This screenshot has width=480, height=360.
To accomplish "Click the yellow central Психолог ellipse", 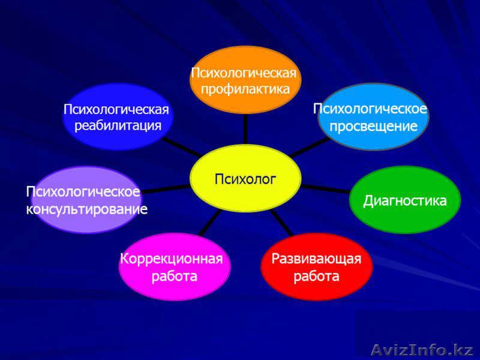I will (x=245, y=178).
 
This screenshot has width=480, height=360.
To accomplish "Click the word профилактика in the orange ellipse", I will (x=245, y=89).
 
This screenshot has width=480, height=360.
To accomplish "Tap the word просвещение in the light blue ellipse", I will (x=373, y=127).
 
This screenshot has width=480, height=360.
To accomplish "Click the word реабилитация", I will (x=118, y=125).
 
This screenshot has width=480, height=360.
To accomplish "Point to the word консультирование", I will (x=87, y=209).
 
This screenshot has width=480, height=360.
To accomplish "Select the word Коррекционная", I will (x=172, y=259).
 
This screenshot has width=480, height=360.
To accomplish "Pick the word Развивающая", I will (x=317, y=259).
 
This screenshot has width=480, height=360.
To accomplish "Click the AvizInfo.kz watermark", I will (x=422, y=349).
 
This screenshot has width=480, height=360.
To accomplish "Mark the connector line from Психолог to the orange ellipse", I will (x=245, y=128).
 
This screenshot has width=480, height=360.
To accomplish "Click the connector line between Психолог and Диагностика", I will (x=324, y=189).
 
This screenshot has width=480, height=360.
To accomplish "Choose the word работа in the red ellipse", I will (x=317, y=277).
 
